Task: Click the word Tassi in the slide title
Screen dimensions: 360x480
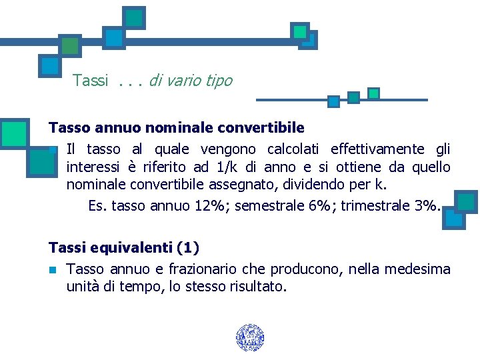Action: click(x=90, y=81)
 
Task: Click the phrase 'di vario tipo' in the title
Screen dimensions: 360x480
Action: click(x=191, y=81)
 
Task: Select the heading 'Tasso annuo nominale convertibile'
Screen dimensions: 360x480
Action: click(x=177, y=127)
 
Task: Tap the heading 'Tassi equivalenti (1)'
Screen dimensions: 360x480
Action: click(x=124, y=248)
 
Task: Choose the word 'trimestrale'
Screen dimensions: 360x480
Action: click(x=375, y=205)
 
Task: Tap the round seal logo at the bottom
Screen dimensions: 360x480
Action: click(x=250, y=338)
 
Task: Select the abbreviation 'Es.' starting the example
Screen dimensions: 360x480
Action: click(x=98, y=205)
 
